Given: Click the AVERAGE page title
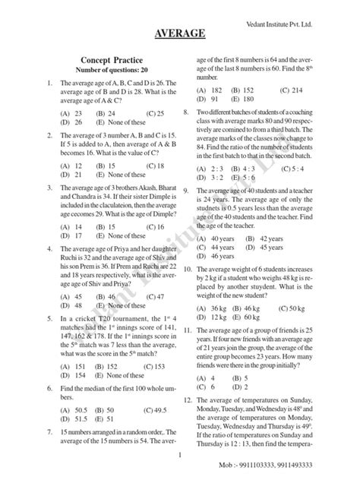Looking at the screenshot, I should (180, 33).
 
